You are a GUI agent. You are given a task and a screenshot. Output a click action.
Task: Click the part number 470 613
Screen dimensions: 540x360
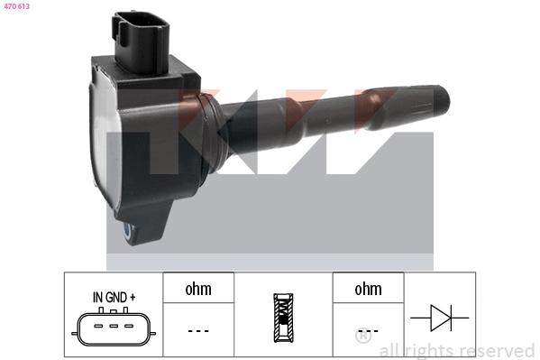pyautogui.click(x=16, y=6)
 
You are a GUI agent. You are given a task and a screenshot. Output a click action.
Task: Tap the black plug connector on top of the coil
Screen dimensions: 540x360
pyautogui.click(x=142, y=42)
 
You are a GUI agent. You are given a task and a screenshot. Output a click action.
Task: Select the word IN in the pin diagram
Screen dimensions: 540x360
pyautogui.click(x=97, y=297)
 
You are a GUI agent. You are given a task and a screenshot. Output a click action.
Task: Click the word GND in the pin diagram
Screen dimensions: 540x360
pyautogui.click(x=116, y=297)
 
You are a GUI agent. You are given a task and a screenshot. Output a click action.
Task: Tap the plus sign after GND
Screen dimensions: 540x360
pyautogui.click(x=133, y=297)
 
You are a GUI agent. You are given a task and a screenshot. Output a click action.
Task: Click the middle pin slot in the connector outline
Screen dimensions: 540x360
pyautogui.click(x=114, y=326)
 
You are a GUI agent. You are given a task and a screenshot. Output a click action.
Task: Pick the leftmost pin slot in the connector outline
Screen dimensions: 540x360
pyautogui.click(x=98, y=326)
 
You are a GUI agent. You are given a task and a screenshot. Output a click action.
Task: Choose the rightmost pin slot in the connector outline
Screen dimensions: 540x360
pyautogui.click(x=129, y=326)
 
